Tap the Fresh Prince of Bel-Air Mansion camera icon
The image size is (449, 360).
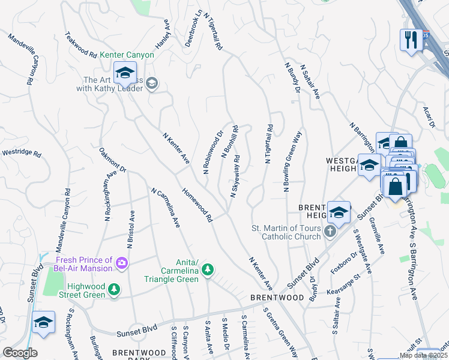tap(122, 263)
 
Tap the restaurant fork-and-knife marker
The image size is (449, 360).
tap(411, 40)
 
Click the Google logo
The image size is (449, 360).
tap(20, 353)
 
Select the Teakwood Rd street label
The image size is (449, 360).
tap(81, 45)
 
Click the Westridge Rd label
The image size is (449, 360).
tap(20, 154)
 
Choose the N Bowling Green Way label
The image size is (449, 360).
tap(292, 161)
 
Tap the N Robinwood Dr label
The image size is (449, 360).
tap(212, 153)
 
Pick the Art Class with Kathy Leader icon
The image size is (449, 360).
tap(151, 84)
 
